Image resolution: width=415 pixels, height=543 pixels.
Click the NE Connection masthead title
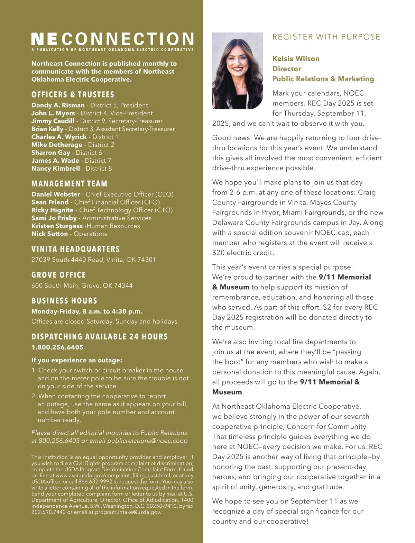point(112,39)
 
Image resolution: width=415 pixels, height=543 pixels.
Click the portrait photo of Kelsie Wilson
point(237,71)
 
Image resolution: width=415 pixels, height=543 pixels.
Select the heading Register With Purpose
point(326,37)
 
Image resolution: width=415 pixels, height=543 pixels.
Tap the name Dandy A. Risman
point(58,105)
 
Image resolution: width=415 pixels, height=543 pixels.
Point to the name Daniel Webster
point(55,194)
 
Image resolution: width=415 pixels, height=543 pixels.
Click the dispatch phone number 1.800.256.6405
point(57,347)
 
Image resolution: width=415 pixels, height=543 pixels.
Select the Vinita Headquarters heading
point(75,249)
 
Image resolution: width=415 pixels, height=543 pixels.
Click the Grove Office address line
point(82,286)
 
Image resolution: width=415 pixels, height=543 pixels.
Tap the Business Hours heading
point(64,301)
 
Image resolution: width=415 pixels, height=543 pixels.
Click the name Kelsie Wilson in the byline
point(296,58)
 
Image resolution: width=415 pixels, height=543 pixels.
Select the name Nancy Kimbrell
point(55,169)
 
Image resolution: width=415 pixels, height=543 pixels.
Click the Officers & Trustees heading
point(73,95)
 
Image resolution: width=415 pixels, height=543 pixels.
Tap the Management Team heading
point(69,184)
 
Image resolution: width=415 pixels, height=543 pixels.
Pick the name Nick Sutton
point(49,234)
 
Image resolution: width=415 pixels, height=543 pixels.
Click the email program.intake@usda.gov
point(128,512)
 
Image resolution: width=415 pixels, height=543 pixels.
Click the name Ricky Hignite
point(52,210)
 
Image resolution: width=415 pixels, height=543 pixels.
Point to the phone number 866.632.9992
point(95,482)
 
